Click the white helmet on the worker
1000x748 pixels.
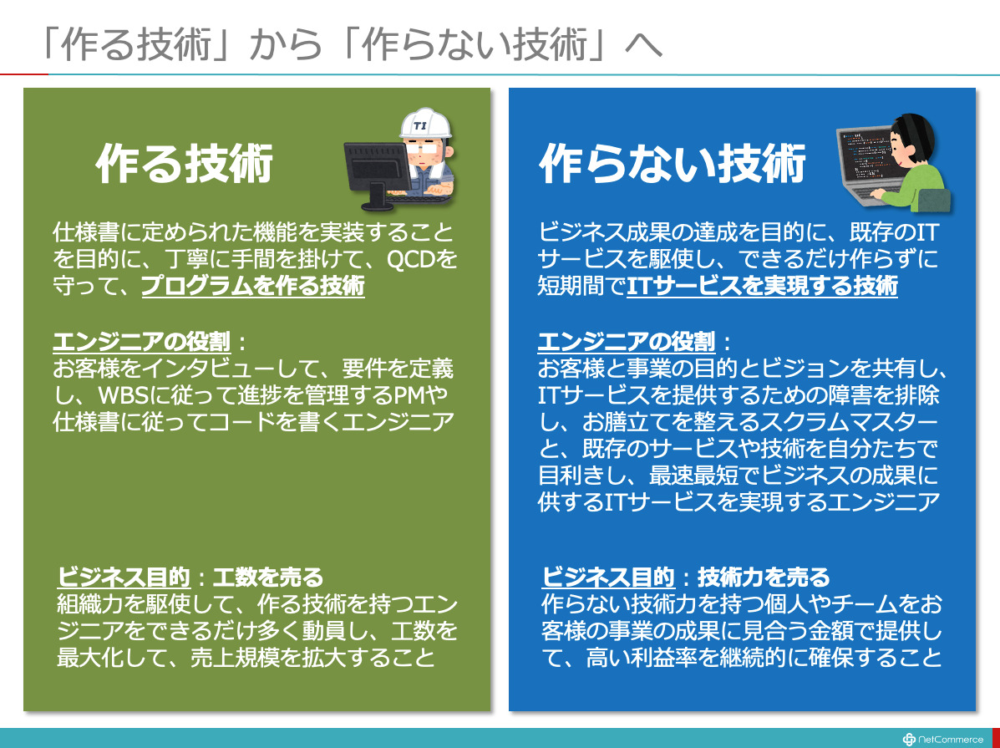point(425,123)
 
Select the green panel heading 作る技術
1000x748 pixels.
point(185,164)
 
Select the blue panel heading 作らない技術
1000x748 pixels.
point(673,164)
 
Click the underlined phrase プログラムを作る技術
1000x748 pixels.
point(252,285)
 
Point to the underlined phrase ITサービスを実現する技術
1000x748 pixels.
point(762,285)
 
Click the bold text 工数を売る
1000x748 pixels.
point(268,577)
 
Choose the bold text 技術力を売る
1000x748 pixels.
point(764,577)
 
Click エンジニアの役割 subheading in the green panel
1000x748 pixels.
point(141,342)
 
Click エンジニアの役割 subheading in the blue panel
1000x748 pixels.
point(627,342)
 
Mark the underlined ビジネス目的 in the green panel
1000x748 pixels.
point(124,577)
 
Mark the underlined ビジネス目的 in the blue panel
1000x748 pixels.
point(608,577)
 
